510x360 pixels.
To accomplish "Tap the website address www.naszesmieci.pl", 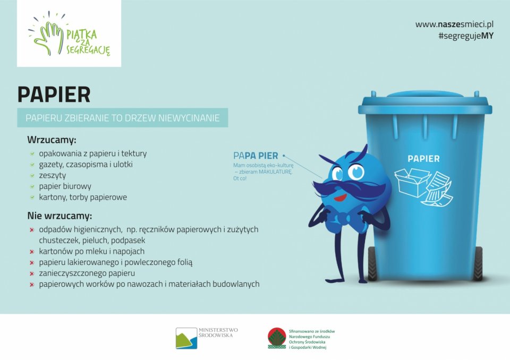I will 454,24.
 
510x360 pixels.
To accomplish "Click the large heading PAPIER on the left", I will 54,95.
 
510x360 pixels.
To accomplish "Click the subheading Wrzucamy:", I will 52,141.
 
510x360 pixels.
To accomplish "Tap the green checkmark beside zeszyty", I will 32,176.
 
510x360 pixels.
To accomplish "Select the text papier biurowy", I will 65,186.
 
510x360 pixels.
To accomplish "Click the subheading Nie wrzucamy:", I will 59,216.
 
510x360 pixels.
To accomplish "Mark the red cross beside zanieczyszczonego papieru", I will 32,273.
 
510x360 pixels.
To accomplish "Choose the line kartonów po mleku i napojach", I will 91,251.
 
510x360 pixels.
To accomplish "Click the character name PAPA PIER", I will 256,156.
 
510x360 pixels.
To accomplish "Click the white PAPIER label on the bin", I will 423,159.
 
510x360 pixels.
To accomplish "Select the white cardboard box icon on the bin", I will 412,182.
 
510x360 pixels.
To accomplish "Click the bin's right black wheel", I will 477,264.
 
